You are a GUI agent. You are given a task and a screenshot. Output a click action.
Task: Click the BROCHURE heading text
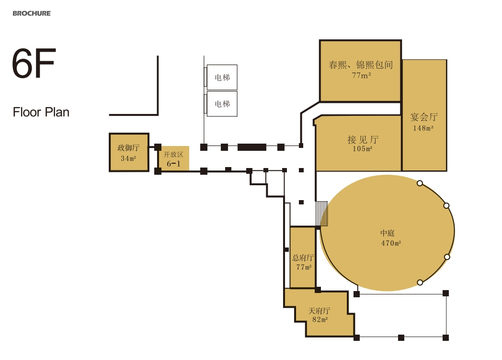(32, 13)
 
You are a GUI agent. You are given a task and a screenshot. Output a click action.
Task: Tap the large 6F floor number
(34, 63)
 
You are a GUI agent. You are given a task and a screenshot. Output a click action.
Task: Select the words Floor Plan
(41, 112)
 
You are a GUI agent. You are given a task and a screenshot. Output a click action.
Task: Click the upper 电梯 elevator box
(222, 78)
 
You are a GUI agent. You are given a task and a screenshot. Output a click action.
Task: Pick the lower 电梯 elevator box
(222, 104)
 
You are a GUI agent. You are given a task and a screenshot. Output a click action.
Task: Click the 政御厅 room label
(128, 147)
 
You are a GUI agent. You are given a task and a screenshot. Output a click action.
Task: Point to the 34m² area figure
(128, 158)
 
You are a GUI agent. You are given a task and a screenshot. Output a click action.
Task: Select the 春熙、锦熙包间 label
(361, 65)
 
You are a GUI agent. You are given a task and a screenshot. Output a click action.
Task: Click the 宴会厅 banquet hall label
(424, 117)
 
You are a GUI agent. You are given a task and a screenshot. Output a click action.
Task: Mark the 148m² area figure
(423, 128)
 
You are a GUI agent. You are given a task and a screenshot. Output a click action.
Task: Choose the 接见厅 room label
(363, 139)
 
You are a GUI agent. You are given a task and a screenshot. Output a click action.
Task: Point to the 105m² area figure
(363, 148)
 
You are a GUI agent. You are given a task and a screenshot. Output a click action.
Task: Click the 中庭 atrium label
(388, 233)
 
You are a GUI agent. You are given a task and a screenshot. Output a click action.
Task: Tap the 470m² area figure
(391, 243)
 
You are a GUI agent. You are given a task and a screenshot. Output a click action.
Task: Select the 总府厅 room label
(303, 258)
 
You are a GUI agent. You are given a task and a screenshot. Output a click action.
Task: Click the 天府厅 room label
(319, 311)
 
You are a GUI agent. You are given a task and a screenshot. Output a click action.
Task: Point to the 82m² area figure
(320, 319)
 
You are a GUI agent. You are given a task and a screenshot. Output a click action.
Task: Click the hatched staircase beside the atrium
(322, 214)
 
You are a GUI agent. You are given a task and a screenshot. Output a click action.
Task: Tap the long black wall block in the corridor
(252, 147)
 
